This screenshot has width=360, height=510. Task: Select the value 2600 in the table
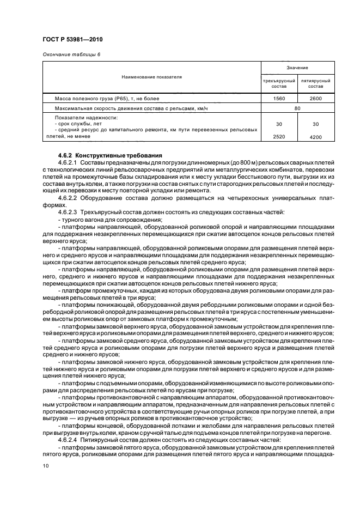316,99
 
